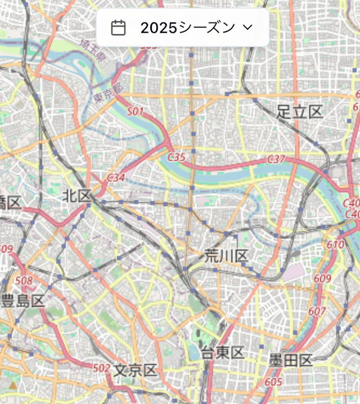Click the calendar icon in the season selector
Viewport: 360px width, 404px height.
pos(118,28)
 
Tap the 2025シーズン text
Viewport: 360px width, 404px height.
pos(187,28)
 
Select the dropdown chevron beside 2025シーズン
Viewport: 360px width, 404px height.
pos(247,27)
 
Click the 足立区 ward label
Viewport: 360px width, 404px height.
pos(300,112)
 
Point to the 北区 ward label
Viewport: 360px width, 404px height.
pos(77,196)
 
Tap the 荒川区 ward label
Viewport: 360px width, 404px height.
pos(226,256)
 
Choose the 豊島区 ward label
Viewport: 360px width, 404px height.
pos(22,301)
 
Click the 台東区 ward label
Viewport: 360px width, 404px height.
pos(223,353)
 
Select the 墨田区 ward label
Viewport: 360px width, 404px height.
pos(290,360)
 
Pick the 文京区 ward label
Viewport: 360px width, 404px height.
pos(135,370)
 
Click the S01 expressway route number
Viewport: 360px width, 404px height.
pos(135,112)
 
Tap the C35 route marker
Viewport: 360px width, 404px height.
pos(176,157)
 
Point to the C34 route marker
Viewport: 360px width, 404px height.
pos(116,178)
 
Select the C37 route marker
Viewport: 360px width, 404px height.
pos(276,160)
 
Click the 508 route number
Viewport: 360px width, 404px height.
pos(24,280)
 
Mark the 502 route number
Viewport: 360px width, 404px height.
pos(102,367)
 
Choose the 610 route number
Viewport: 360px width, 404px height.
pos(335,244)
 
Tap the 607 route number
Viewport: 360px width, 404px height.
pos(317,311)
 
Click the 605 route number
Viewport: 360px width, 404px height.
pos(273,382)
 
